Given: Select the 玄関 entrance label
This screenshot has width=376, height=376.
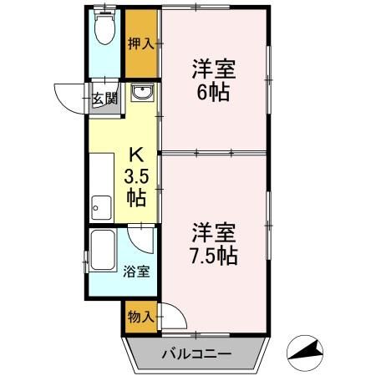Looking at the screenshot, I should [104, 99].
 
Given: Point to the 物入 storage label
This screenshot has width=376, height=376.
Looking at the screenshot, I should [140, 317].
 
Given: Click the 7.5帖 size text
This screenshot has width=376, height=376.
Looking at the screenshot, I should [215, 255].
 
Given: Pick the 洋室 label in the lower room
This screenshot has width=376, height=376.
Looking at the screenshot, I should [215, 231].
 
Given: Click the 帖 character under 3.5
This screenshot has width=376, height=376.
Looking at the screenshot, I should [136, 198].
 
